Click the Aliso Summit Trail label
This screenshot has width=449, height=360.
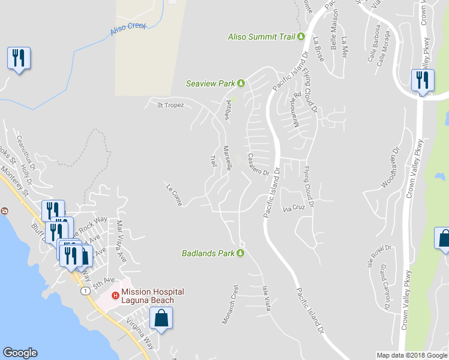click(x=261, y=37)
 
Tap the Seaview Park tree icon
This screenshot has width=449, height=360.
click(x=241, y=83)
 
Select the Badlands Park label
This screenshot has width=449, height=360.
click(x=208, y=253)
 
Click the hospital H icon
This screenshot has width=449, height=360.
click(x=115, y=295)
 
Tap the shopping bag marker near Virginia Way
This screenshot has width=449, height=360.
click(x=161, y=318)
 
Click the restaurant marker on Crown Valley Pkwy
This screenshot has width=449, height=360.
click(x=423, y=81)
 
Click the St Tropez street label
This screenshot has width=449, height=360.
click(x=170, y=106)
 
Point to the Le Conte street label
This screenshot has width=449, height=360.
click(x=174, y=195)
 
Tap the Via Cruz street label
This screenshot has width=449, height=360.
click(x=294, y=208)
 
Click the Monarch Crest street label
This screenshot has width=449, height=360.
click(x=231, y=304)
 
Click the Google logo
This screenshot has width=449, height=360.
click(x=20, y=353)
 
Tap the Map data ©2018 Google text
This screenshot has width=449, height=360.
click(x=412, y=355)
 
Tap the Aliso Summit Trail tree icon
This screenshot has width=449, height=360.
click(x=300, y=37)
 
